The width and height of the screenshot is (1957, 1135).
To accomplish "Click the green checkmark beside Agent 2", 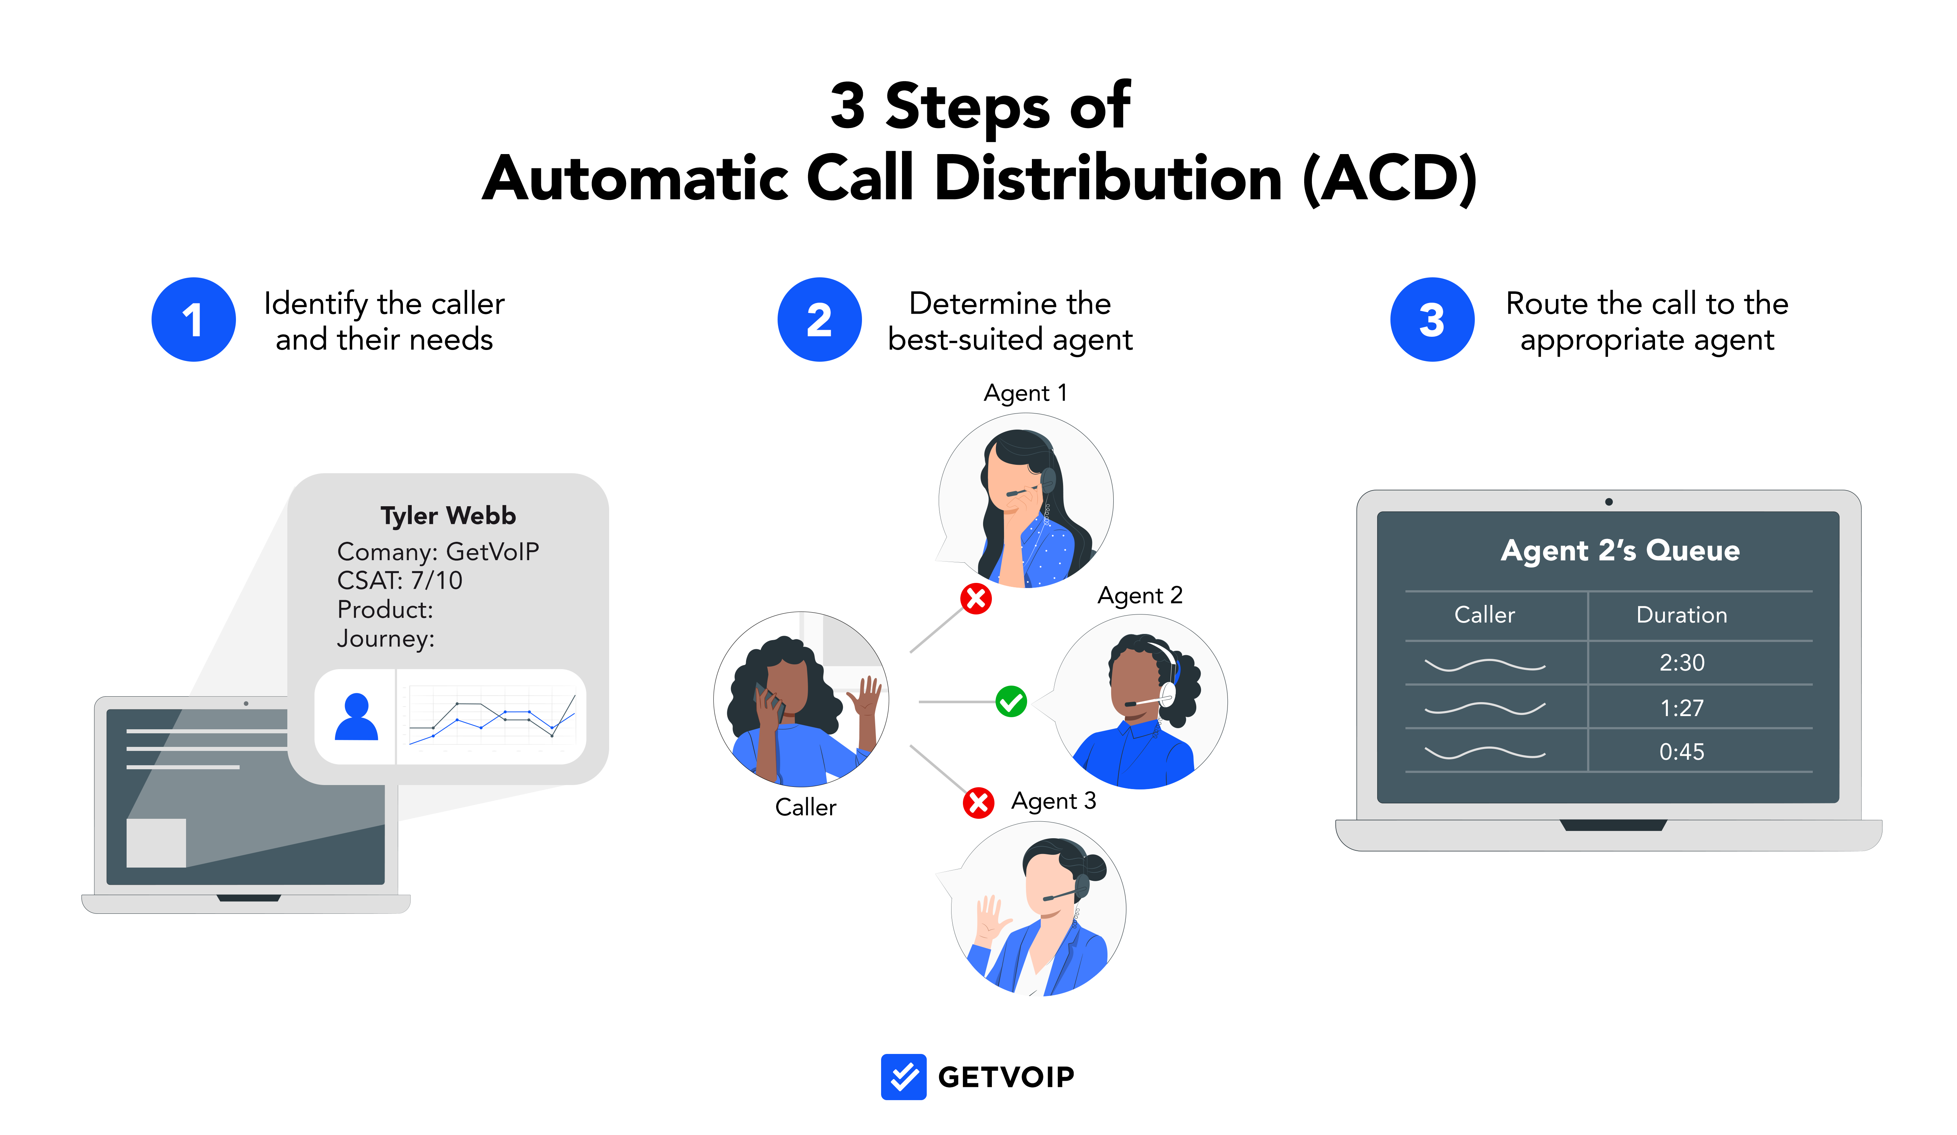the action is click(x=1011, y=702).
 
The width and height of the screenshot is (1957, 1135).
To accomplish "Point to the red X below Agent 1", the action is click(x=976, y=599).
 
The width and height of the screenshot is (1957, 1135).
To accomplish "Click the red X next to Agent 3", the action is click(x=978, y=803).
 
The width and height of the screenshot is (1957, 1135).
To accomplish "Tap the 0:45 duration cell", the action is click(x=1681, y=752).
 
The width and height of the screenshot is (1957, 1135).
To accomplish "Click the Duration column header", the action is click(x=1681, y=615).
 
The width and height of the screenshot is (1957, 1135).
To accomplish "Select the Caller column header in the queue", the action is click(x=1484, y=615).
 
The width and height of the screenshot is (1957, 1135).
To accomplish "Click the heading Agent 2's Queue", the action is click(x=1620, y=550).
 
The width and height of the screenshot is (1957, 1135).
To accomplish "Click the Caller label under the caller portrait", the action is click(x=805, y=807).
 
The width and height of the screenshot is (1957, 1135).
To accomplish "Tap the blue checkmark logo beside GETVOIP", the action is click(x=903, y=1077).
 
